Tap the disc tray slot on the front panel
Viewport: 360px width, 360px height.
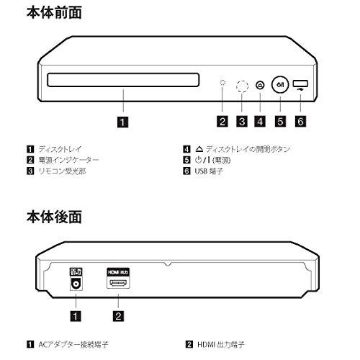(124, 78)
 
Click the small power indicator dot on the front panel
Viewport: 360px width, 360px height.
(223, 84)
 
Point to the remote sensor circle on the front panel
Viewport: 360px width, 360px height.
(243, 85)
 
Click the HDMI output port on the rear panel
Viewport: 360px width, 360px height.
(120, 284)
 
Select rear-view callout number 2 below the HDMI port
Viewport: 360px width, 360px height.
(120, 315)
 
